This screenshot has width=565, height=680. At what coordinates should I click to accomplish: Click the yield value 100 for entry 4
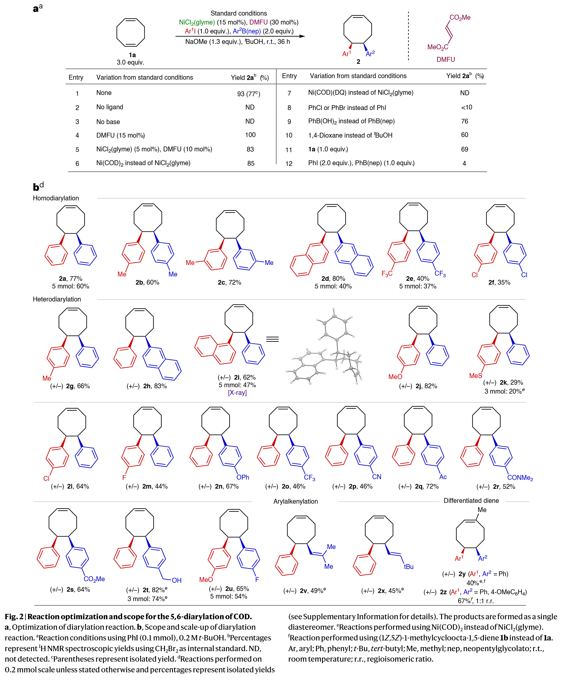(x=250, y=135)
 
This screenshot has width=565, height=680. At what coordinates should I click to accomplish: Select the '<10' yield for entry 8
(x=466, y=107)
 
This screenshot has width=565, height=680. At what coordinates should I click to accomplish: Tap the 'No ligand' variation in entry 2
(x=110, y=107)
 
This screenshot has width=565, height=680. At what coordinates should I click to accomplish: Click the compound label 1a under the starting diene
(x=132, y=55)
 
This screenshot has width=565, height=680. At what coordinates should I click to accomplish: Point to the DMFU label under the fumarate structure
(x=445, y=59)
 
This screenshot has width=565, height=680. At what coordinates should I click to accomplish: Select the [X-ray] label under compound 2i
(x=237, y=393)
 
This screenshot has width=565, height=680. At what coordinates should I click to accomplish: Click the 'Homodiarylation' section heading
(x=56, y=198)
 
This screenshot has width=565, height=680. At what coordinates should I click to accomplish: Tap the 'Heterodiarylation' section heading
(x=57, y=299)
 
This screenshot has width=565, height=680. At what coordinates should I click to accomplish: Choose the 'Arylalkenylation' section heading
(x=295, y=501)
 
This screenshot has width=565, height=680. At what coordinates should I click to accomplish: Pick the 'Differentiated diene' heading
(x=471, y=501)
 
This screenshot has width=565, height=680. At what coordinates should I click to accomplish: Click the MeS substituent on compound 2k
(x=476, y=376)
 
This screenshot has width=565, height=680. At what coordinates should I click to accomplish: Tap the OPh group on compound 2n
(x=242, y=477)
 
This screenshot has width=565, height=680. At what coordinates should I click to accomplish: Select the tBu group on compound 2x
(x=408, y=567)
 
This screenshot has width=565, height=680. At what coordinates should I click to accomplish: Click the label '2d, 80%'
(x=333, y=278)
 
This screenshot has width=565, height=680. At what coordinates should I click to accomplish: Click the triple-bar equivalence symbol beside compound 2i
(x=272, y=339)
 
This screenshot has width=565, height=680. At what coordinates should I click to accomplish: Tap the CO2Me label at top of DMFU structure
(x=459, y=18)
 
